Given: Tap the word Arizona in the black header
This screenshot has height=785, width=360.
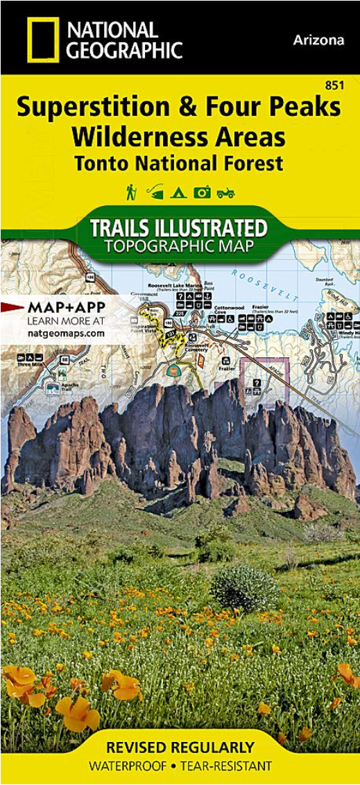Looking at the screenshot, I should (x=318, y=40).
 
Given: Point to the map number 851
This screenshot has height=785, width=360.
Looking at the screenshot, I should (x=334, y=85).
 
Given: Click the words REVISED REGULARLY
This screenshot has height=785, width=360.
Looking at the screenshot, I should (x=180, y=747).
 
